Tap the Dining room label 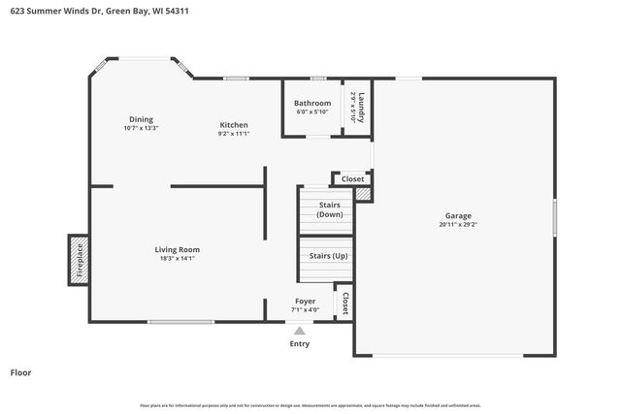141,119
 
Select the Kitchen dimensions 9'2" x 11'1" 233,134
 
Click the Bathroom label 313,103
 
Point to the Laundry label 361,107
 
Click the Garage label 458,215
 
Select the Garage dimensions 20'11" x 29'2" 458,224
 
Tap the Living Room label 178,249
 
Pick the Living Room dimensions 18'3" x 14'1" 178,258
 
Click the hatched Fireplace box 80,260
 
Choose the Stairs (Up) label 328,256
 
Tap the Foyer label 305,301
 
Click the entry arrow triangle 300,331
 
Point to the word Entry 300,343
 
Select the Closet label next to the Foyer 344,303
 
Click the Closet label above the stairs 352,178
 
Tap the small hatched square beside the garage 363,195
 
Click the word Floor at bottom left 20,372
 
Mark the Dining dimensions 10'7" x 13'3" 141,128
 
